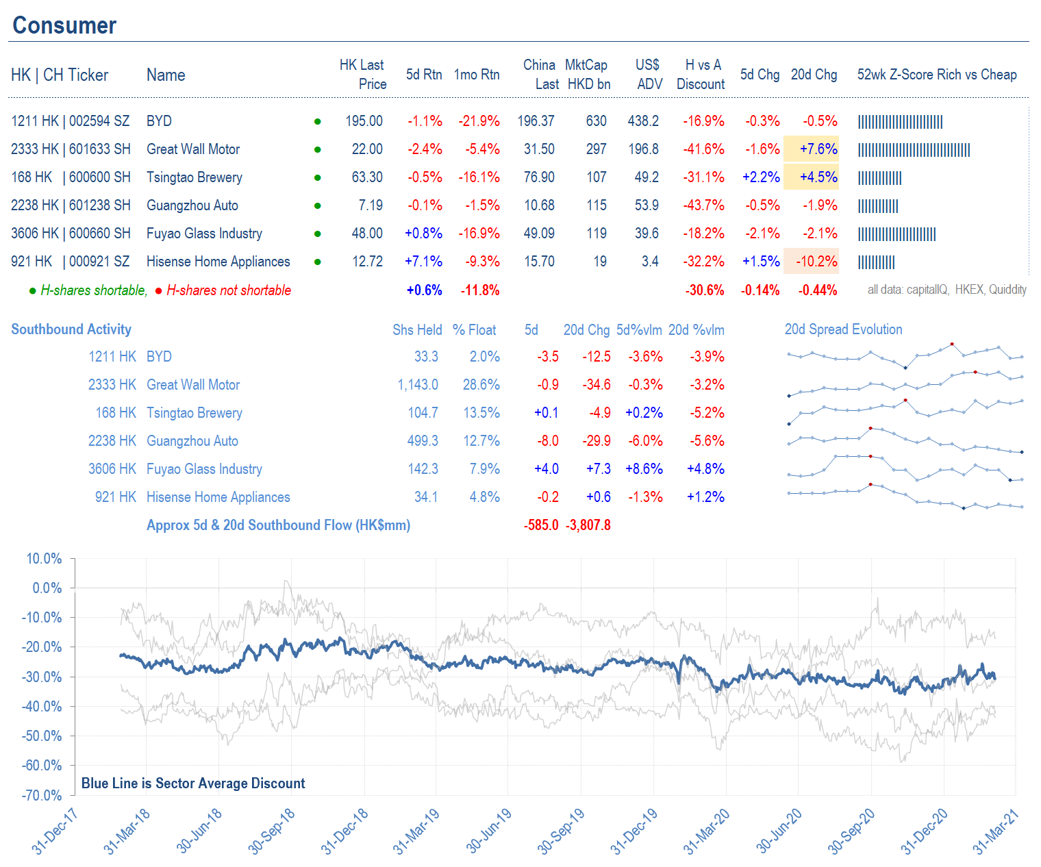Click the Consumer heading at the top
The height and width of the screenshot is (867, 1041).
[64, 25]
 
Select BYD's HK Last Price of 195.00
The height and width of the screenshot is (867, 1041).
[364, 121]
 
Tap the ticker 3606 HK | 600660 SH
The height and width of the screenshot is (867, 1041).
[71, 234]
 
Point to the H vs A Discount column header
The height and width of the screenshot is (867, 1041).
[701, 75]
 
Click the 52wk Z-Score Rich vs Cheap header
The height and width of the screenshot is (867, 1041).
[936, 75]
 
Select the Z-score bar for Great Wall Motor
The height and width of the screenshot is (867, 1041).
[914, 150]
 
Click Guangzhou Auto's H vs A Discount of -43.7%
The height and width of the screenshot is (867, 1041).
[703, 205]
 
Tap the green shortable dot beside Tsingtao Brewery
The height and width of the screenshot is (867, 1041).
[318, 178]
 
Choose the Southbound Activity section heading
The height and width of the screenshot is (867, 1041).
[71, 329]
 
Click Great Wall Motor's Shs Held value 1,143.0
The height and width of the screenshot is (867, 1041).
[418, 385]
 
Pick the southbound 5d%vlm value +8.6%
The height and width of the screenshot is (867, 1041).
[644, 469]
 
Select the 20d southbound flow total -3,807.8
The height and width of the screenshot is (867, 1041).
[588, 525]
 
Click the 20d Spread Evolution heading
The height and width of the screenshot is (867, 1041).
[843, 329]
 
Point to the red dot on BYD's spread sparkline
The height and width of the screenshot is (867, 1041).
[952, 344]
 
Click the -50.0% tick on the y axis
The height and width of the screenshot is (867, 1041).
[45, 736]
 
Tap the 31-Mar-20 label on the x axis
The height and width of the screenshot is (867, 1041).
[707, 831]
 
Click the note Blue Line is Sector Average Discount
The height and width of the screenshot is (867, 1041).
[193, 783]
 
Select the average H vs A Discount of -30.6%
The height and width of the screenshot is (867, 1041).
[705, 290]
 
